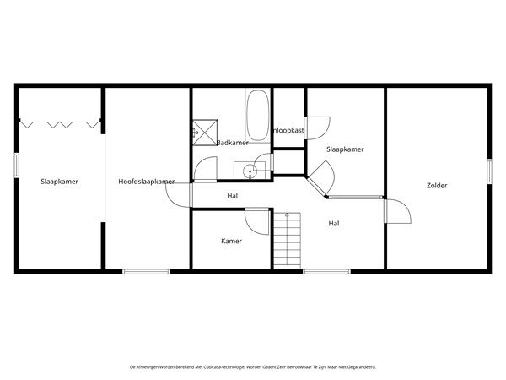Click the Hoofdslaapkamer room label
click(146, 182)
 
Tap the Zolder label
click(437, 185)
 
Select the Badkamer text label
click(232, 143)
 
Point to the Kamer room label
click(231, 241)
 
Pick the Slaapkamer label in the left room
click(59, 182)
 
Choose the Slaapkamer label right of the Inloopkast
click(345, 149)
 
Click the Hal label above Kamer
click(233, 196)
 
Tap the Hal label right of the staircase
click(334, 223)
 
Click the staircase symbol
click(288, 240)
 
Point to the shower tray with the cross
click(204, 131)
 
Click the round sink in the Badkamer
click(250, 171)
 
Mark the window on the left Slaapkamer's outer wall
click(16, 165)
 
